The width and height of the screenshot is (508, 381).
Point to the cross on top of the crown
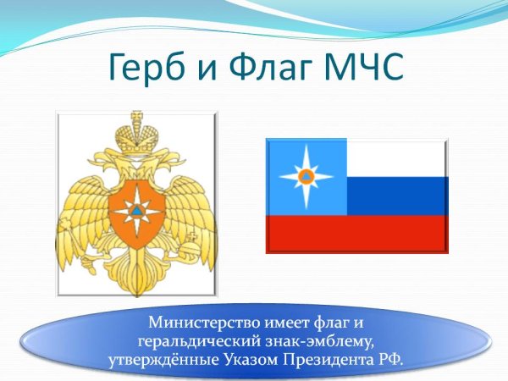coord(136,116)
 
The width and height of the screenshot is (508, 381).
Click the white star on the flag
coord(306,176)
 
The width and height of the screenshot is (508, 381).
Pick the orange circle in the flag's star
coord(306,176)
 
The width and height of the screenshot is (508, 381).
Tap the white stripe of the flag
coord(396,158)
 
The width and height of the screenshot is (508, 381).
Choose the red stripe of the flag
coord(356,234)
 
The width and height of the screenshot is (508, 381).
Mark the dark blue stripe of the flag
coord(396,196)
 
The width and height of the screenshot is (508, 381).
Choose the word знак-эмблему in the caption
coord(322,341)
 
